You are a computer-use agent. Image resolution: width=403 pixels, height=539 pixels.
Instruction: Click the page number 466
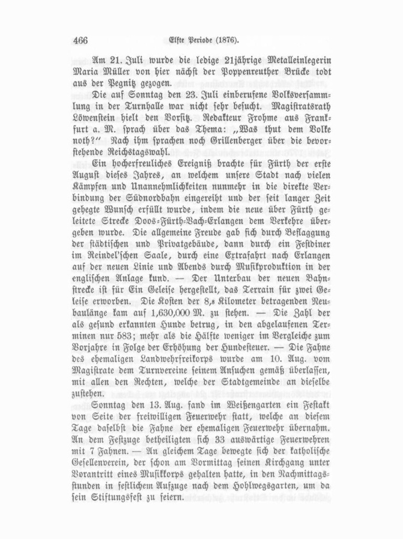pyautogui.click(x=79, y=41)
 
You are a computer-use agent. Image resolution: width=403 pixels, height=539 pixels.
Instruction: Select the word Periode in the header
pyautogui.click(x=192, y=41)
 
